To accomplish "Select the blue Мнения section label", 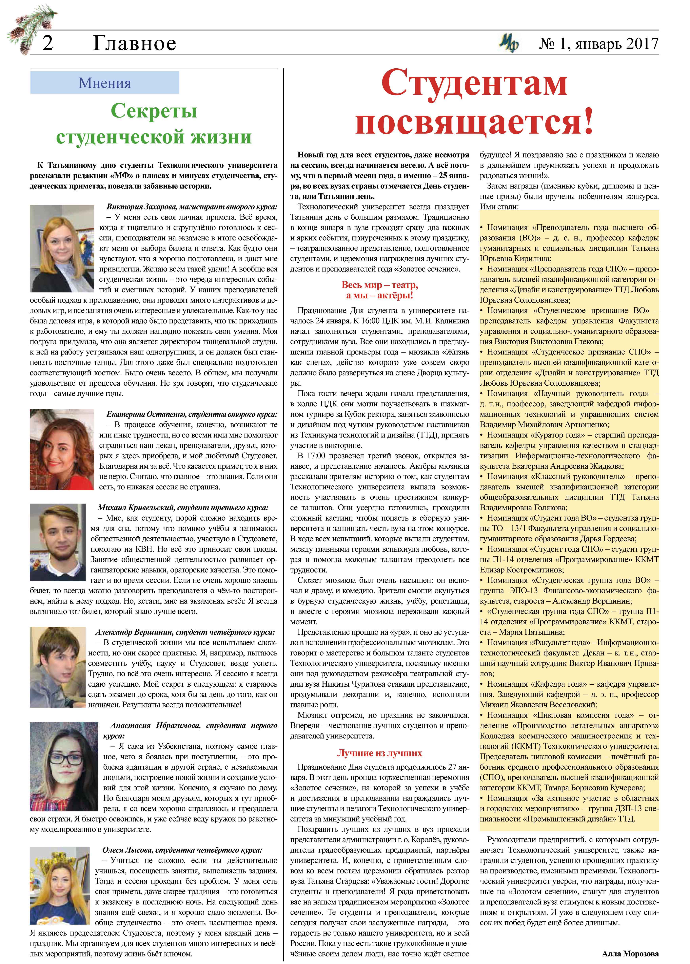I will pyautogui.click(x=105, y=83).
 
